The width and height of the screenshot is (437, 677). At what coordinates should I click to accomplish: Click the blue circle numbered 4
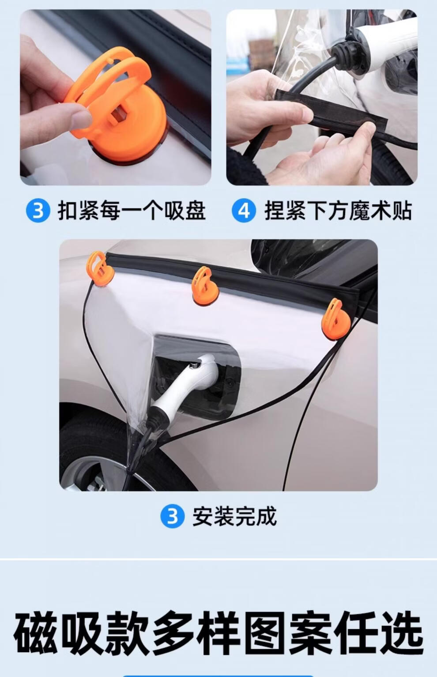244,210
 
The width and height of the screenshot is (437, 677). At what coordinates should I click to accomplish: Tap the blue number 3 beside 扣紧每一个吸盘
38,210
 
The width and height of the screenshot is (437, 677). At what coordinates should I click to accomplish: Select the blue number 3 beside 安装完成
173,516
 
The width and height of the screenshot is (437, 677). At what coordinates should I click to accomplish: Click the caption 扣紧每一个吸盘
132,210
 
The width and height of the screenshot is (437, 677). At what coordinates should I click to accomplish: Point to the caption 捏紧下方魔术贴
338,210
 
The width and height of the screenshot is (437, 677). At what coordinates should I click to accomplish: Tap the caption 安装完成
235,516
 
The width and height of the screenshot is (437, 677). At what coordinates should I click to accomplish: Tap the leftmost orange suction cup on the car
100,269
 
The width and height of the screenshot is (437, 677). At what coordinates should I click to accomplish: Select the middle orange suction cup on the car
205,286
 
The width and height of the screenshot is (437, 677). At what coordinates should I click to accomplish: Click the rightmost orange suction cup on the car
336,319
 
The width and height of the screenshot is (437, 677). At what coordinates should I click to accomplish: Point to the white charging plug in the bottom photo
187,386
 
